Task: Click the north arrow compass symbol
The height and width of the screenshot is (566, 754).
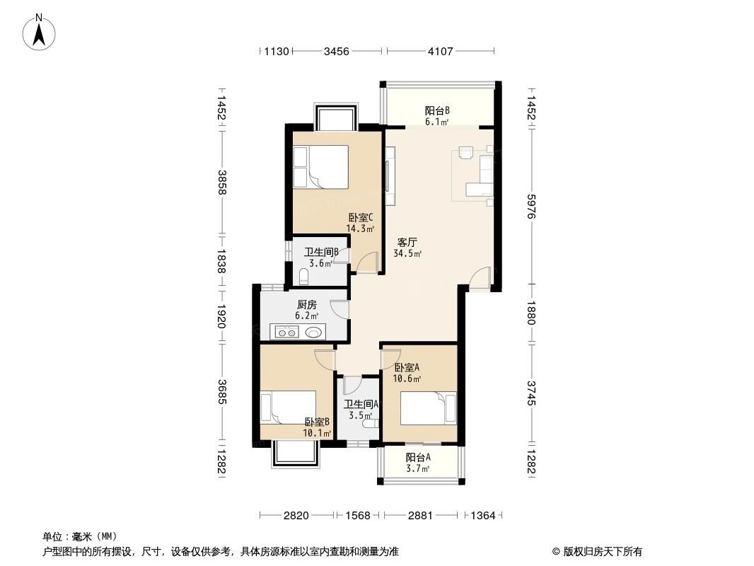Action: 40,32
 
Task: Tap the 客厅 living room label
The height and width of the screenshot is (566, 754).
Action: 407,241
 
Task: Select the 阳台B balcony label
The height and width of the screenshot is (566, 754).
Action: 437,110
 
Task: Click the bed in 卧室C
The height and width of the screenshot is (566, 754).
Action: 320,167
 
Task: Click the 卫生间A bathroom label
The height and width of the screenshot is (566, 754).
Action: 361,405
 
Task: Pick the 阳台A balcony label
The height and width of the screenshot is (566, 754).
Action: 418,457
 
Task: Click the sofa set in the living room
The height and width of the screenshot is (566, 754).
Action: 481,173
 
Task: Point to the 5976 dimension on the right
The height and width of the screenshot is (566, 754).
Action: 532,204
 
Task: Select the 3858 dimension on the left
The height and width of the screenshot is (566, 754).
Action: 221,183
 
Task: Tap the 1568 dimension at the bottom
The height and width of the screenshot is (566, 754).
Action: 359,516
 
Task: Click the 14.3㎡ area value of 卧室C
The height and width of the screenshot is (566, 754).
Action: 359,229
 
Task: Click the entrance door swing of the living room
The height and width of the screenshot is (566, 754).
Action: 480,277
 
